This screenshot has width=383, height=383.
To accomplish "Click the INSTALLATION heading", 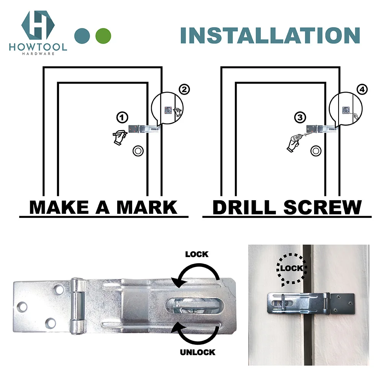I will point(270,35).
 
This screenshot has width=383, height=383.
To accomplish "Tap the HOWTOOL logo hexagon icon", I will point(38,25).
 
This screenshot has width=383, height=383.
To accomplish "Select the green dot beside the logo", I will point(103,36).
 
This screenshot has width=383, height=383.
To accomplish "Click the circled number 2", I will point(184,90).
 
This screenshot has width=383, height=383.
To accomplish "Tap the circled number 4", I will point(362,90).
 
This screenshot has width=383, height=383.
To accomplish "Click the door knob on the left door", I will point(137,151).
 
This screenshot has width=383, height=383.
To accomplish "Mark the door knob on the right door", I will point(316,151).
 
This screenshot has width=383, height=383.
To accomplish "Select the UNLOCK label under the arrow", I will point(198,352).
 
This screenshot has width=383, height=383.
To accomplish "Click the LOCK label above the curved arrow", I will point(196,254).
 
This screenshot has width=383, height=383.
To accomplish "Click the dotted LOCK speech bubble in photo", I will point(291,268).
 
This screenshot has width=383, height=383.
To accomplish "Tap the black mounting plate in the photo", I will point(342,302).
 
